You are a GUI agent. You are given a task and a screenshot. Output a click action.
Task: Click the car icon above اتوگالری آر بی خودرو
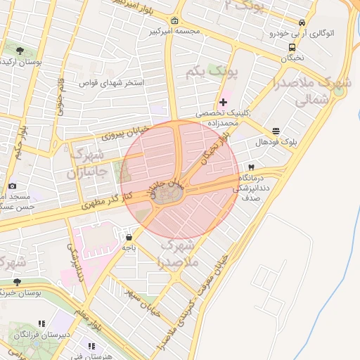point(302,22)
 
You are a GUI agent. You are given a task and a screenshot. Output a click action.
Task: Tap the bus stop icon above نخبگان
point(291,47)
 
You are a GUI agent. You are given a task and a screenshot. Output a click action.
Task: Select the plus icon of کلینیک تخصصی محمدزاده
point(224,103)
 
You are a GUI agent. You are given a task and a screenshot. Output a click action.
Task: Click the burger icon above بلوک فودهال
point(276,131)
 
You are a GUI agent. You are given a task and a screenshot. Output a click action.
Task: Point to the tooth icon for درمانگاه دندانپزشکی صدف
point(250,167)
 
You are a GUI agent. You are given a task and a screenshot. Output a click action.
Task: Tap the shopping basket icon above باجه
point(129,237)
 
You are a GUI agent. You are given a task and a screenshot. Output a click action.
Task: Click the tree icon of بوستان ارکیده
point(19,51)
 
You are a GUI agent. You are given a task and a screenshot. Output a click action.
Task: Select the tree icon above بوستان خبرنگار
point(17,282)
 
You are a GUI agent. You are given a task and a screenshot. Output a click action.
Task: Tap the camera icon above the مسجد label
point(12,186)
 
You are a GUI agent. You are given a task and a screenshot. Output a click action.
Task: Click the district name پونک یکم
point(214,72)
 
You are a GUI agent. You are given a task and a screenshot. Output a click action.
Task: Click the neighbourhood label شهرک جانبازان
point(89,162)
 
